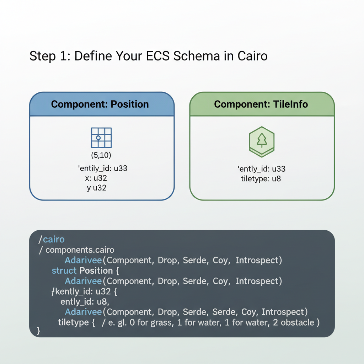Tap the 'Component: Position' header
pyautogui.click(x=100, y=104)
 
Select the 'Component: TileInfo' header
pyautogui.click(x=261, y=104)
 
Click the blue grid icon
pyautogui.click(x=101, y=138)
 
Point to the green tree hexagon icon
pyautogui.click(x=261, y=141)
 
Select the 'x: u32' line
pyautogui.click(x=97, y=178)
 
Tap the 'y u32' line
pyautogui.click(x=97, y=188)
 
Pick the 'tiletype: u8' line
pyautogui.click(x=261, y=178)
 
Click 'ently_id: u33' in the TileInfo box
pyautogui.click(x=261, y=168)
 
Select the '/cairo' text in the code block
pyautogui.click(x=52, y=240)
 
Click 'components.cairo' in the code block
pyautogui.click(x=80, y=250)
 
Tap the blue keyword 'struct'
pyautogui.click(x=64, y=271)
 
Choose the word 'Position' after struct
pyautogui.click(x=96, y=271)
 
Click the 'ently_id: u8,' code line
pyautogui.click(x=84, y=301)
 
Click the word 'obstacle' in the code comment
pyautogui.click(x=298, y=322)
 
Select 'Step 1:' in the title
pyautogui.click(x=50, y=56)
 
